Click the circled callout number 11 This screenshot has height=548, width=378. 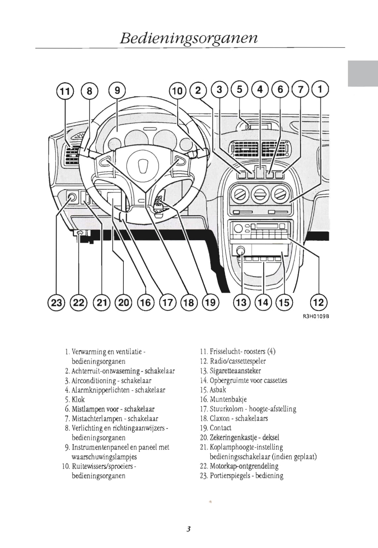coord(65,91)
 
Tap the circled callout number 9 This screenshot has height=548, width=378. coord(117,90)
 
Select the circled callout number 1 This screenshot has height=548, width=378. coord(320,89)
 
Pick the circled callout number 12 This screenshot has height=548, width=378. coord(318,302)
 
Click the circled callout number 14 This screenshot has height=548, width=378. coord(263,302)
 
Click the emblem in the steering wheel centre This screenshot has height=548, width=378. coord(143,165)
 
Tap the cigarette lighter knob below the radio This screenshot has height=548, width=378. coord(241,250)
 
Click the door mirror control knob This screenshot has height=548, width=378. coord(72,198)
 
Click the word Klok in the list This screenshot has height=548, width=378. coord(78,400)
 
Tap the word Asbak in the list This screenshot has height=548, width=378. coord(218,390)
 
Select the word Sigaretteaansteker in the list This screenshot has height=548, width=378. coord(235,371)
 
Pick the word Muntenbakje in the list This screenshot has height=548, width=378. coord(228,400)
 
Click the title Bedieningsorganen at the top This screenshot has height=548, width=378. coord(189,38)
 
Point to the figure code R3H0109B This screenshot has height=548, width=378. coord(316,316)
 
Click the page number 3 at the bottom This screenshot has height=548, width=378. coord(188,529)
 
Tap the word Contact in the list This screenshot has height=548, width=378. coord(220,428)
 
